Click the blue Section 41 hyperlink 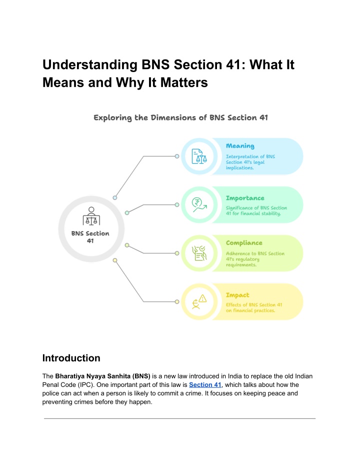(205, 385)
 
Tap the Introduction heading (71, 358)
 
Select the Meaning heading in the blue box (240, 146)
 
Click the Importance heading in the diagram (245, 198)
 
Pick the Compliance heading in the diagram (244, 243)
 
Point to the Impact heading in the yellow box (237, 295)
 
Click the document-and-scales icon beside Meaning (199, 156)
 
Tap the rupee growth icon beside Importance (199, 205)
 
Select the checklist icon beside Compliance (199, 253)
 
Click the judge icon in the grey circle (91, 216)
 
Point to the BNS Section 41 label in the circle (90, 237)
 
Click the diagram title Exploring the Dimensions (180, 118)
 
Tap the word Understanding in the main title (90, 65)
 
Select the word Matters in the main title (184, 82)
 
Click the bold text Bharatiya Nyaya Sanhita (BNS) (102, 376)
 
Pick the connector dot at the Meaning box (177, 156)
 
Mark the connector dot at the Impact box (177, 302)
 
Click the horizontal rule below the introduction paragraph (180, 419)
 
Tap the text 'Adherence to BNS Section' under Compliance (255, 253)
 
